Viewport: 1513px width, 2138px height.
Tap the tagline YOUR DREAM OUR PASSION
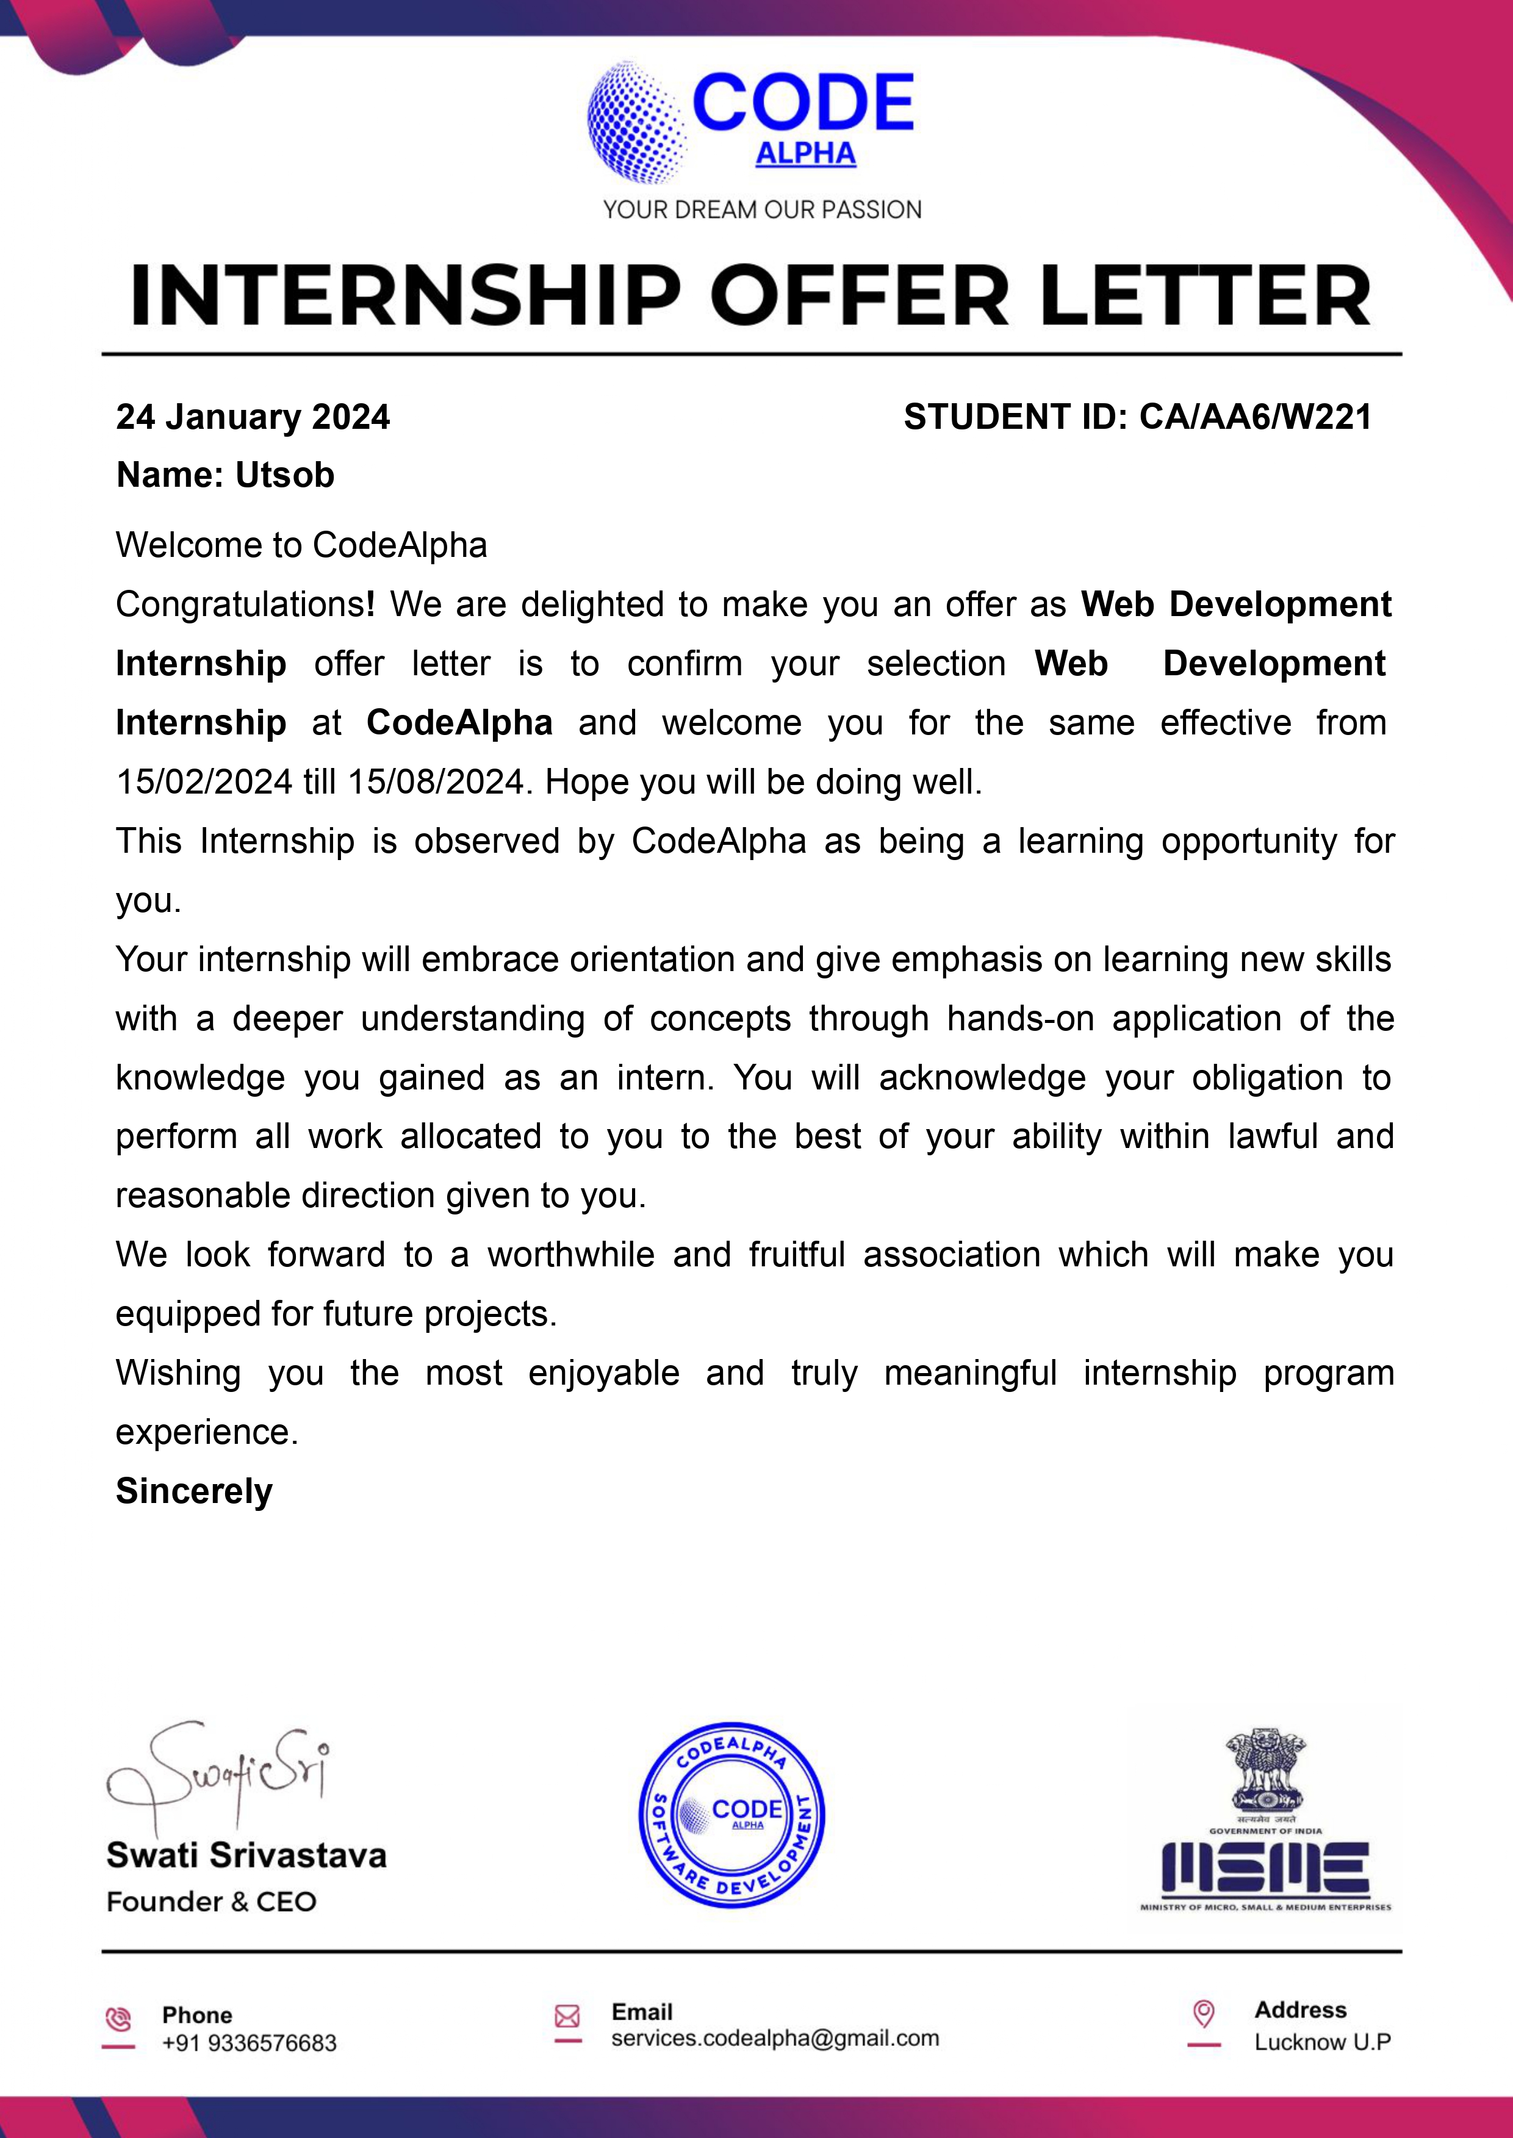click(762, 210)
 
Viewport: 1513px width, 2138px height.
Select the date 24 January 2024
click(253, 417)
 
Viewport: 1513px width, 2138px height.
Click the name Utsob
click(284, 475)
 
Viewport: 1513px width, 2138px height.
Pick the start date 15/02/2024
click(204, 781)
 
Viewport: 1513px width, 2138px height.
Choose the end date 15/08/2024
click(435, 781)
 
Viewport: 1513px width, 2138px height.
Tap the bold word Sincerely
click(194, 1491)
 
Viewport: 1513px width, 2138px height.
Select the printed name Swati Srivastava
click(246, 1855)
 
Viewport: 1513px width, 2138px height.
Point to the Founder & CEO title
click(212, 1901)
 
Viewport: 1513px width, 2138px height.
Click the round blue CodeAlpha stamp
click(731, 1814)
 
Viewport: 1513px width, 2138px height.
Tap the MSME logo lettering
click(1264, 1869)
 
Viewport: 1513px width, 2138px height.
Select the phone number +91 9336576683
click(249, 2043)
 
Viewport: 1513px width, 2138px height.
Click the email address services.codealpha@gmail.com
click(774, 2039)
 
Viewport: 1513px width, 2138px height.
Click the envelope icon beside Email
click(567, 2016)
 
